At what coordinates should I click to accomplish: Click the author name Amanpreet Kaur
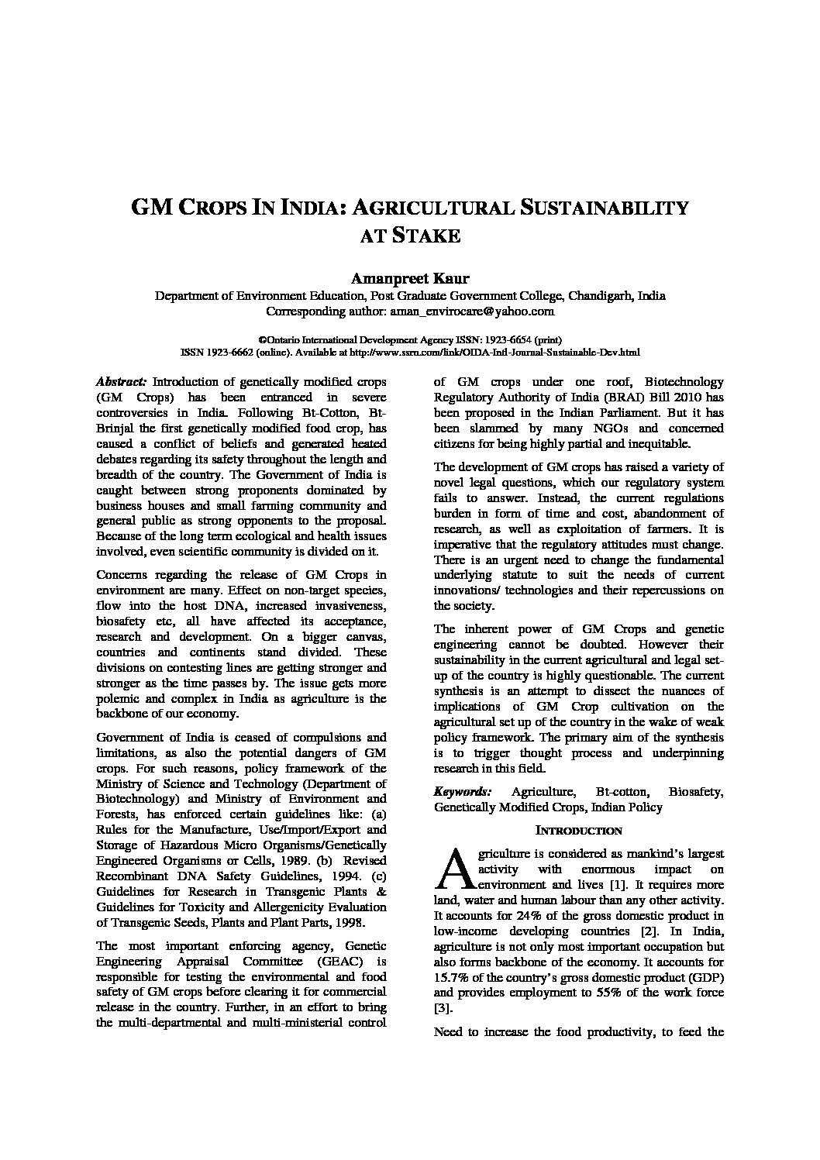pyautogui.click(x=410, y=279)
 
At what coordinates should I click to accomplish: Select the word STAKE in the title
pyautogui.click(x=427, y=235)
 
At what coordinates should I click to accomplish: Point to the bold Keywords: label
pyautogui.click(x=463, y=792)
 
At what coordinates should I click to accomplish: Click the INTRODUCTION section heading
pyautogui.click(x=579, y=831)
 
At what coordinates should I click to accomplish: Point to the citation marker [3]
pyautogui.click(x=443, y=1008)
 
